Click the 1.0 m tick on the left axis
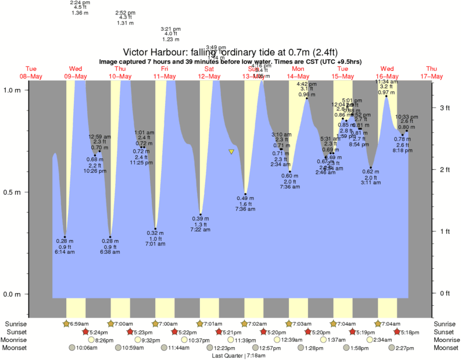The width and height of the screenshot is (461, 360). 13,90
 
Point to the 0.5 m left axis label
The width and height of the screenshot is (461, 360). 13,192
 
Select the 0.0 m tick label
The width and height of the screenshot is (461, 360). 13,294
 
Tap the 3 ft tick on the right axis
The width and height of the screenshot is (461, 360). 445,108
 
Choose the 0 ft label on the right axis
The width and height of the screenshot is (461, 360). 445,293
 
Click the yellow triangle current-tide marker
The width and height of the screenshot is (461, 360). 231,152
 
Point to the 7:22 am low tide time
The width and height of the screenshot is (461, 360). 201,230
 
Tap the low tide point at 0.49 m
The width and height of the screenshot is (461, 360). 245,194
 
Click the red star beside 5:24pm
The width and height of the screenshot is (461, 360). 85,332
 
